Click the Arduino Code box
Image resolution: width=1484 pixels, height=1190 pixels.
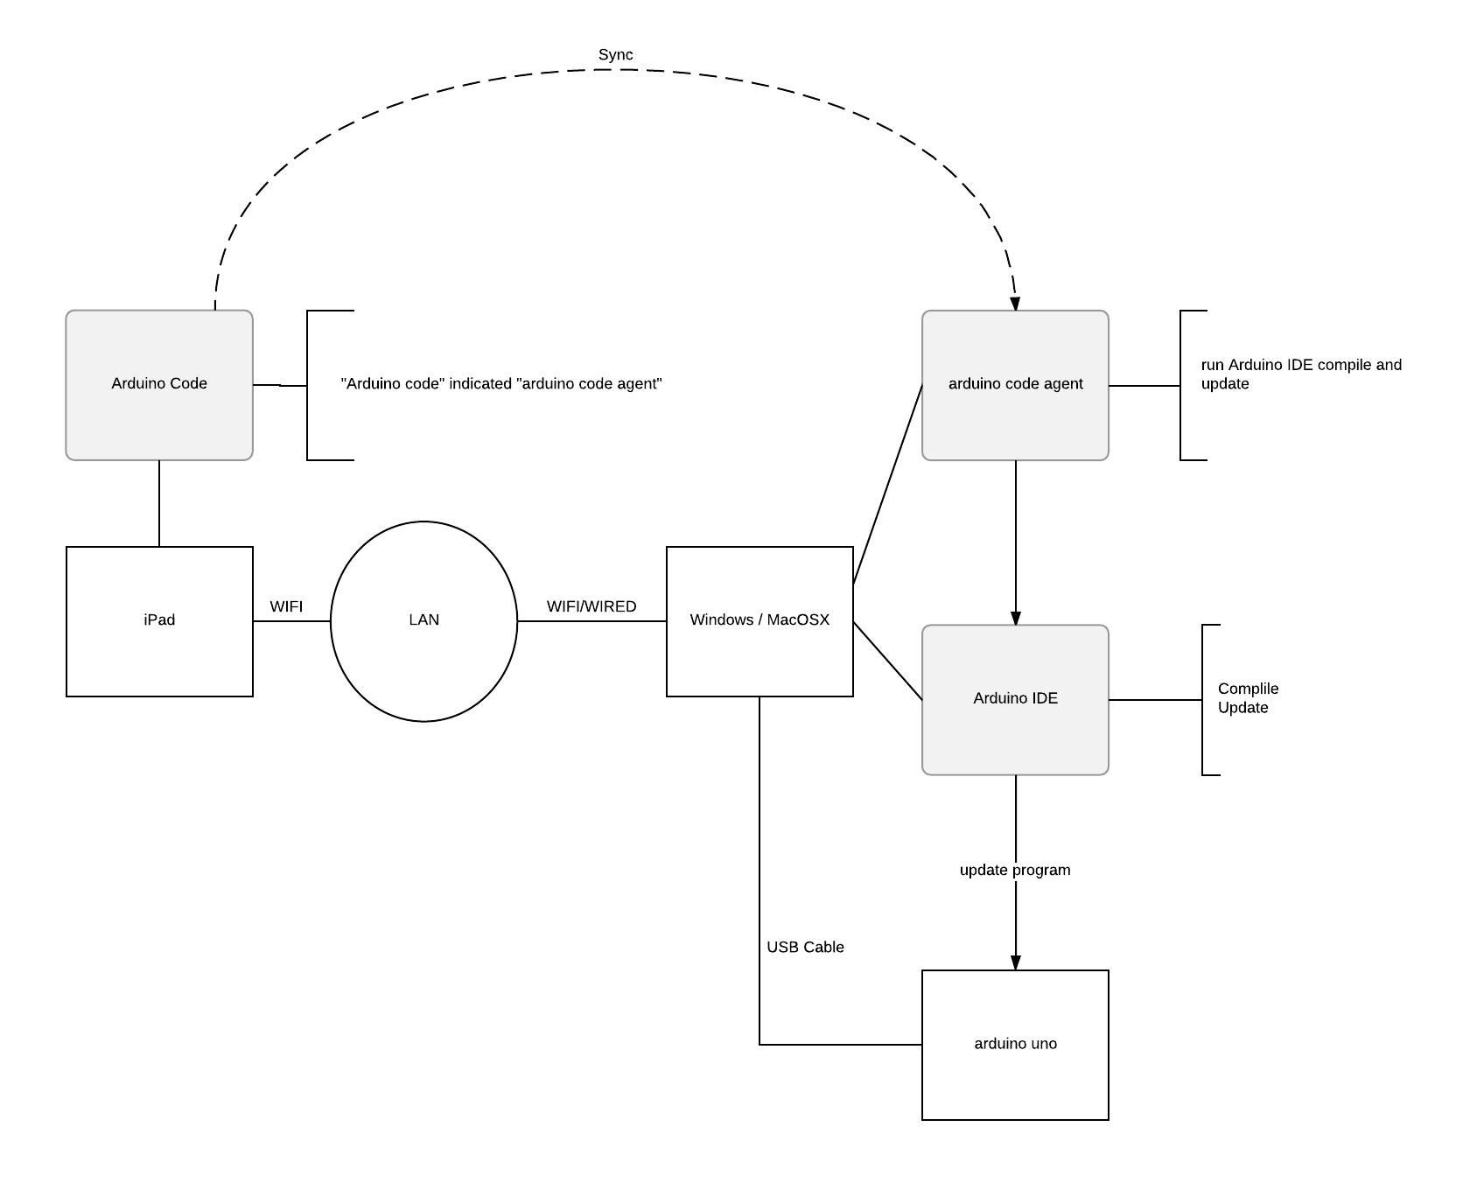[159, 384]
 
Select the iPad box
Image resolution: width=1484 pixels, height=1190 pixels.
[159, 620]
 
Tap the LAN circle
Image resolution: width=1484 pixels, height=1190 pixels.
[423, 620]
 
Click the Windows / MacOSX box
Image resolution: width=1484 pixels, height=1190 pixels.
[759, 620]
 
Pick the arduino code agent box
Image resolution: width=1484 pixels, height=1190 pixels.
[1015, 384]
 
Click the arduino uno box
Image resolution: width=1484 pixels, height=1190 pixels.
[1015, 1044]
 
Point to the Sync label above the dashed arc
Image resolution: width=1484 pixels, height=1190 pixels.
[615, 55]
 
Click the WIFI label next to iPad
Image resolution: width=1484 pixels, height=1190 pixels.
[286, 606]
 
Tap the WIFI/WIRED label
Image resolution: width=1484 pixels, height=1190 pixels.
[591, 606]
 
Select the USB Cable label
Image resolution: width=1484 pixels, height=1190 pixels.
[805, 947]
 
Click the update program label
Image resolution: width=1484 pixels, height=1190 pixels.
[1015, 870]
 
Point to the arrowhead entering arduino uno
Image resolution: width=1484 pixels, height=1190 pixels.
[1016, 962]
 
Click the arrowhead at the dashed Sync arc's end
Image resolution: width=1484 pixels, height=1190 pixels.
[1015, 304]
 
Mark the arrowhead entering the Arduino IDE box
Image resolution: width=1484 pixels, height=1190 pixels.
[1016, 618]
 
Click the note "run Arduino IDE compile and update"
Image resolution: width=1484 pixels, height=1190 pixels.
[1300, 374]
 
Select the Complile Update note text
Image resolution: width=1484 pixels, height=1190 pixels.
[1248, 698]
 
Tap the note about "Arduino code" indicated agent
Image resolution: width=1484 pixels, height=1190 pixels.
[500, 384]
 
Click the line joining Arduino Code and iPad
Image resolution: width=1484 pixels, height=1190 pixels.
[159, 503]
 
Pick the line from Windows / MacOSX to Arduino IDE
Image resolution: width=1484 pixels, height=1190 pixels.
[887, 661]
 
